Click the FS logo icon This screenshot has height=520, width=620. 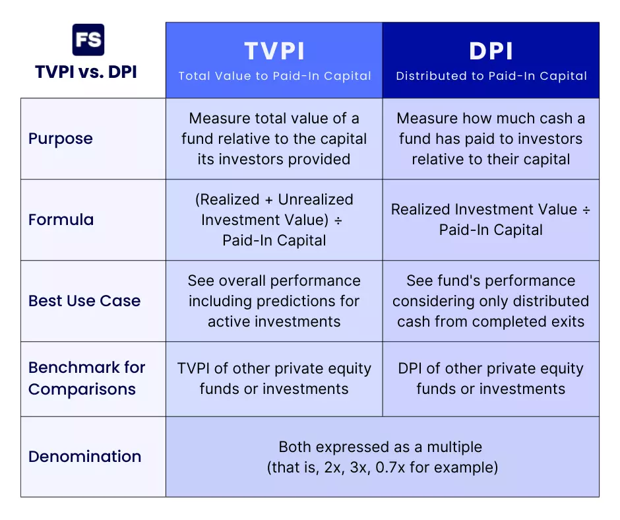(88, 40)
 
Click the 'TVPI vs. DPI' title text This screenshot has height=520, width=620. (86, 72)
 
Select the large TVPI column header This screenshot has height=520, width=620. (274, 51)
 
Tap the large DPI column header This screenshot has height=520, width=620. (491, 51)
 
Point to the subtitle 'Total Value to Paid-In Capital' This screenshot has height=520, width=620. (274, 76)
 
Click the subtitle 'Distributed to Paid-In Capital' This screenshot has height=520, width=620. (491, 76)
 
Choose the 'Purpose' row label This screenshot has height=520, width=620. (61, 139)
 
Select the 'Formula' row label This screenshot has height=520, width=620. (61, 220)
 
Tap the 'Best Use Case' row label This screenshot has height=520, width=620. (84, 301)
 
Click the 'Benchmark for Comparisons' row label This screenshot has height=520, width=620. (86, 378)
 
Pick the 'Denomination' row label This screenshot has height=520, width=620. (84, 456)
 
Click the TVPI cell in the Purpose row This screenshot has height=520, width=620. (274, 139)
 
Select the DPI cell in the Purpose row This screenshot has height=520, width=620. (491, 139)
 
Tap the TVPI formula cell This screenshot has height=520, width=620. (274, 220)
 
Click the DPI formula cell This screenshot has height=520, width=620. (491, 220)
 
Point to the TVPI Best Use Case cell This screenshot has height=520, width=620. (274, 301)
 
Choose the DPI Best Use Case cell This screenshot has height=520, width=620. (491, 301)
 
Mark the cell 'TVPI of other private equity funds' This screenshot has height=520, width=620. (274, 378)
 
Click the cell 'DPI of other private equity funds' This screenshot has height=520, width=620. (491, 378)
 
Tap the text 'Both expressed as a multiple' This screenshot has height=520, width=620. (382, 447)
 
